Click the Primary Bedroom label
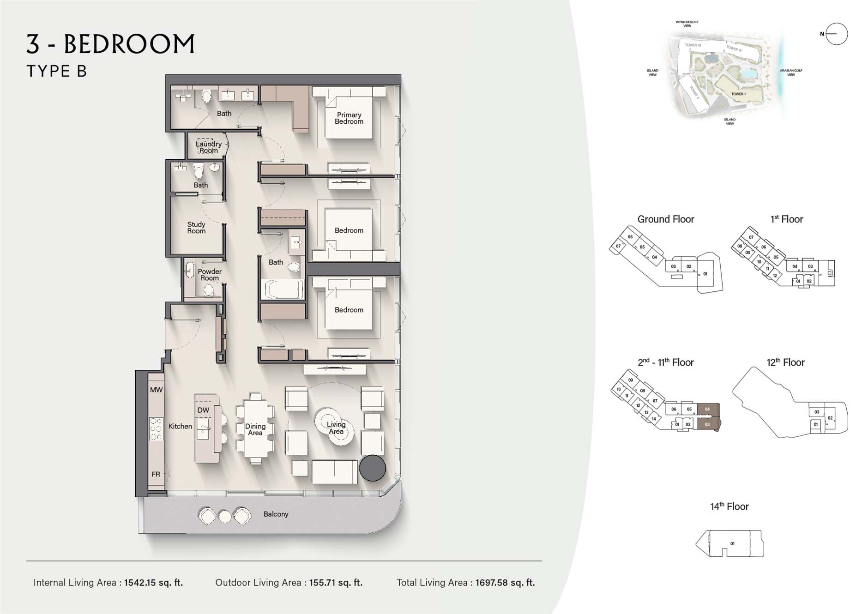tap(349, 118)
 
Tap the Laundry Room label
tap(209, 147)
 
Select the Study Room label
tap(196, 228)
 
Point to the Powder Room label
tap(210, 275)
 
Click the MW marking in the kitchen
tap(156, 390)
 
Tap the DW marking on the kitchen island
tap(203, 410)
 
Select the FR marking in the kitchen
tap(156, 474)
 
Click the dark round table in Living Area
tap(372, 468)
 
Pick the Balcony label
tap(276, 514)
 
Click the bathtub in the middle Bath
tap(282, 289)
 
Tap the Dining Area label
tap(255, 429)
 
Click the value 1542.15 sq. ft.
tap(153, 583)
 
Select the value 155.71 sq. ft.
tap(336, 583)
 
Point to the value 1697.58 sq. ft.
tap(505, 583)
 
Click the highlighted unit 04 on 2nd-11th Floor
tap(707, 409)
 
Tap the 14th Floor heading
tap(729, 506)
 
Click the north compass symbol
tap(836, 34)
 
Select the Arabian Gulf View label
tap(791, 72)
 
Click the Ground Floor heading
tap(665, 219)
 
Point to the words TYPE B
tap(57, 71)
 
